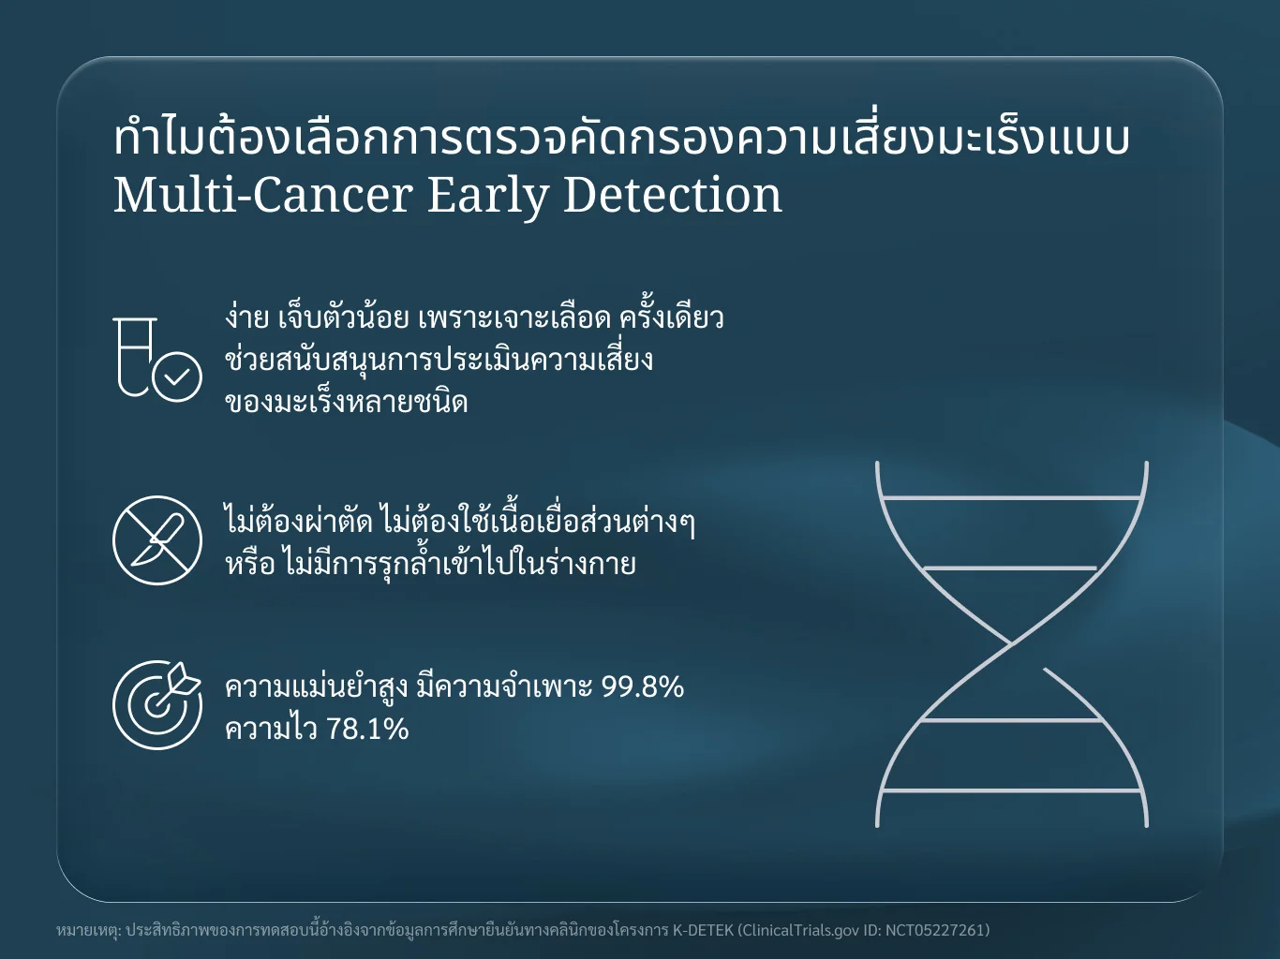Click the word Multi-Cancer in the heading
pyautogui.click(x=263, y=196)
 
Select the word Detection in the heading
pyautogui.click(x=673, y=196)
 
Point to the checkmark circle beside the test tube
pyautogui.click(x=177, y=377)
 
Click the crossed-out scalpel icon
pyautogui.click(x=157, y=540)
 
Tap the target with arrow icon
pyautogui.click(x=156, y=705)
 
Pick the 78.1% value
pyautogui.click(x=366, y=729)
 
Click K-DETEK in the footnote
pyautogui.click(x=703, y=930)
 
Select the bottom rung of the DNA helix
pyautogui.click(x=1012, y=790)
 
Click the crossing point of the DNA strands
pyautogui.click(x=1012, y=643)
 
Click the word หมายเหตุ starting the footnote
pyautogui.click(x=88, y=931)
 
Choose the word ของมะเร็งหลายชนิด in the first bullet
pyautogui.click(x=347, y=402)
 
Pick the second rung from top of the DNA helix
pyautogui.click(x=1010, y=568)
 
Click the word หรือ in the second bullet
pyautogui.click(x=250, y=564)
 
